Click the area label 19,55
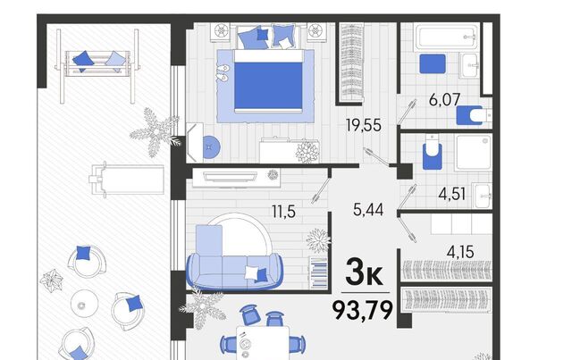coord(364,125)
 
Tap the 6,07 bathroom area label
coord(444,99)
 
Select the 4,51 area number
coord(452,194)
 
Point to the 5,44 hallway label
coord(368,210)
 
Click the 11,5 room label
coord(283,211)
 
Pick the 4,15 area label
coord(460,252)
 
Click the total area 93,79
coord(363,310)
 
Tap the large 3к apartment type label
coord(364,272)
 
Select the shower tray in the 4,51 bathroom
coord(473,152)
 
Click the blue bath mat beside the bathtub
coord(433,63)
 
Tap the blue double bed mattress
coord(268,85)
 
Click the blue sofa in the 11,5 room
coord(235,271)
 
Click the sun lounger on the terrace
coord(127,180)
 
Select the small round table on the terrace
coord(84,304)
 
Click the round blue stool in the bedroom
coord(211,147)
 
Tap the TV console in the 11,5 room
coord(236,178)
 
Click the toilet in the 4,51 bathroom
coord(433,152)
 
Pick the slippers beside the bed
coord(223,72)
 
